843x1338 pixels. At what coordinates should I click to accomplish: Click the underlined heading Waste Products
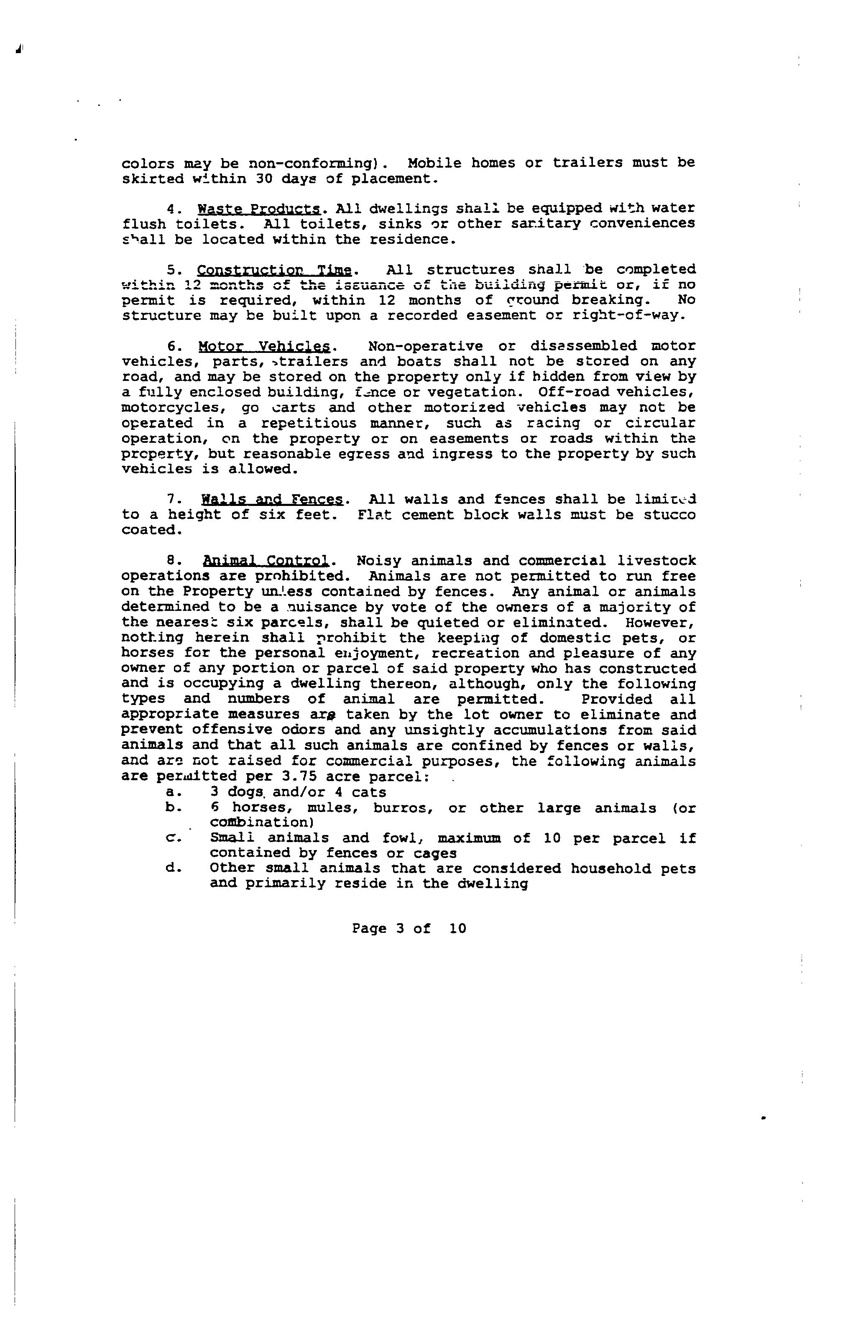[259, 209]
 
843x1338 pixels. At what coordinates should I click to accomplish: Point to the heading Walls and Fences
[272, 500]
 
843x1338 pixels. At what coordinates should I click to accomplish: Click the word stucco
[669, 515]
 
